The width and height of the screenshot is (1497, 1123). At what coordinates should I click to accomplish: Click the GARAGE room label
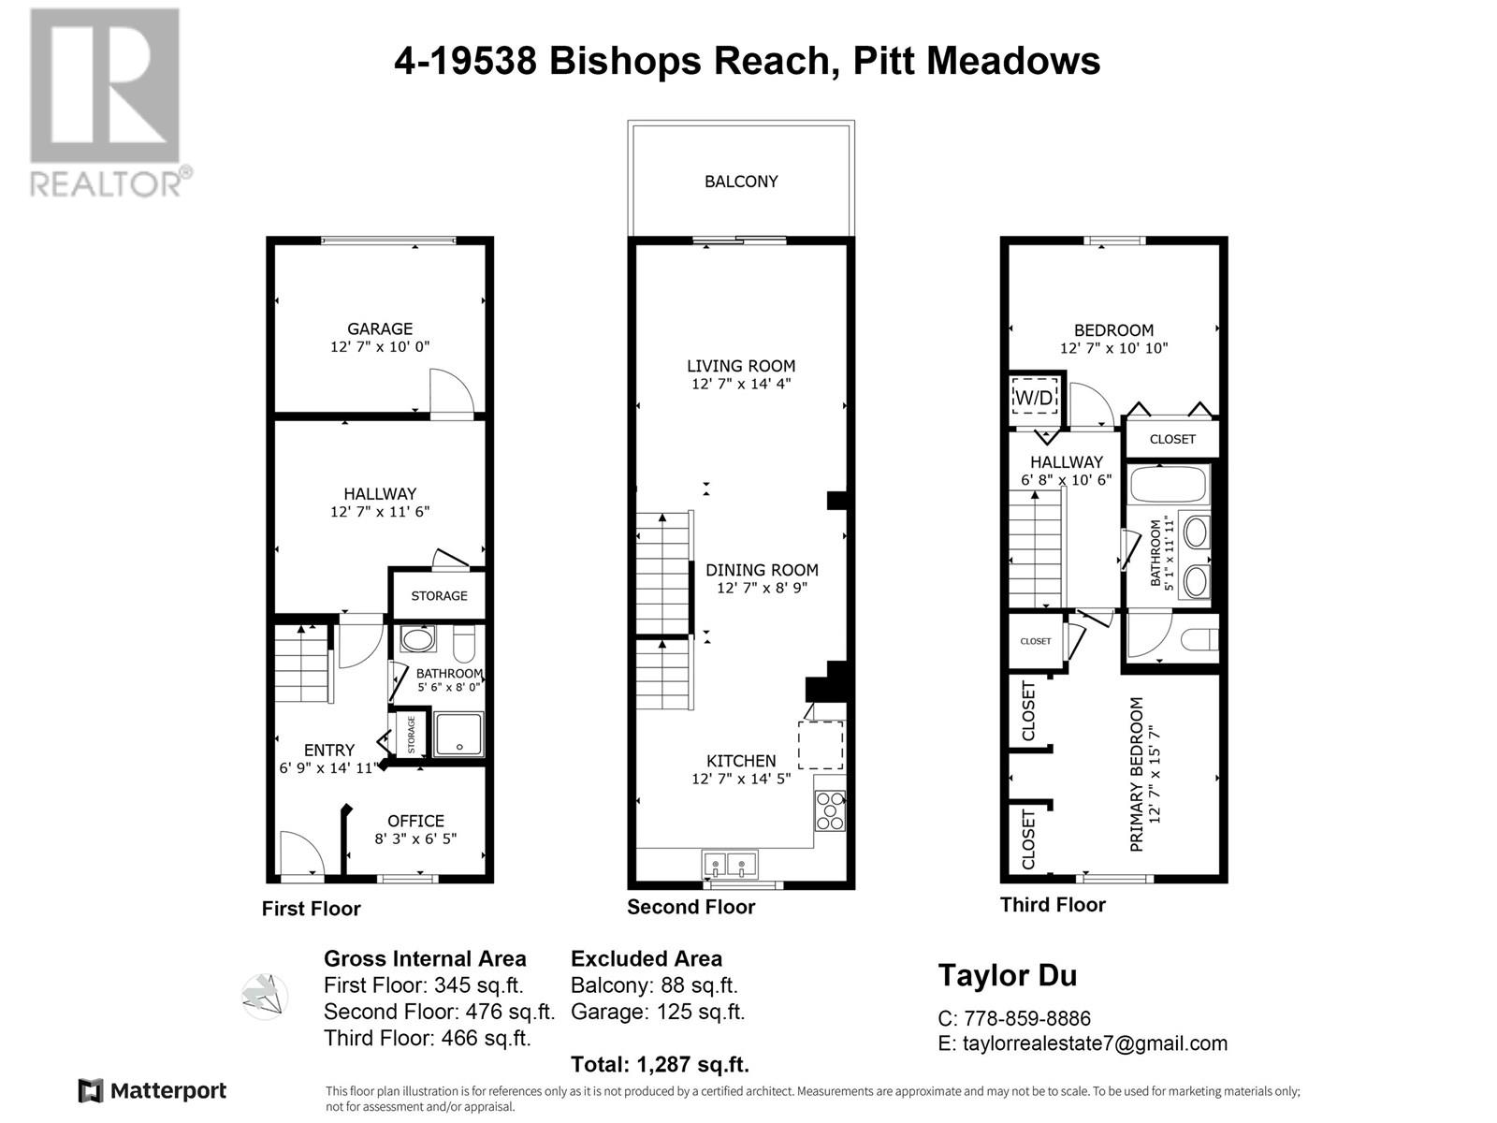(x=380, y=329)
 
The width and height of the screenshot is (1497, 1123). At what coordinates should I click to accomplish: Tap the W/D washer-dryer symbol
(x=1035, y=398)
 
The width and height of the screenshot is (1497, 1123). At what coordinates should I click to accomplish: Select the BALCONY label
(x=741, y=182)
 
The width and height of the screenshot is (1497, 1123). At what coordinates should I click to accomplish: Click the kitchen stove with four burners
(x=830, y=810)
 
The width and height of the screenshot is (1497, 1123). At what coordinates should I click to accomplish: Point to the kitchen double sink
(x=729, y=863)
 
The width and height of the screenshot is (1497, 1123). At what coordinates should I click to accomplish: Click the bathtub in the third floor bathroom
(x=1169, y=486)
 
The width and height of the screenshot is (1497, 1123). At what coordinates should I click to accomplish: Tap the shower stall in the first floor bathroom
(x=458, y=735)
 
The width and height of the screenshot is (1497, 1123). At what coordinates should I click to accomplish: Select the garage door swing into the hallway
(x=448, y=391)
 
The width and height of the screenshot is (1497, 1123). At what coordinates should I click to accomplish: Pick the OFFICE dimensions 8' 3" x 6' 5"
(x=415, y=839)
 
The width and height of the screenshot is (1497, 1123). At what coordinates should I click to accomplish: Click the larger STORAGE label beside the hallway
(x=439, y=596)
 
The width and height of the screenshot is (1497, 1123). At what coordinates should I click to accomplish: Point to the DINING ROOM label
(x=762, y=570)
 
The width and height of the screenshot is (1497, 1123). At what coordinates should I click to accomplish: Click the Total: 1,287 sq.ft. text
(x=660, y=1064)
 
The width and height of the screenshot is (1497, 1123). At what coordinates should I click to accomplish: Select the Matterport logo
(x=153, y=1090)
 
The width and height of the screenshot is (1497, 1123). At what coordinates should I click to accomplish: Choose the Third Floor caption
(x=1053, y=905)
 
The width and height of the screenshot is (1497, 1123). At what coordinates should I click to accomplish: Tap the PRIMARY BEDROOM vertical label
(x=1137, y=774)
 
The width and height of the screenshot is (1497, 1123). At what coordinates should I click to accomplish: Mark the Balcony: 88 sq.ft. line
(x=654, y=985)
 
